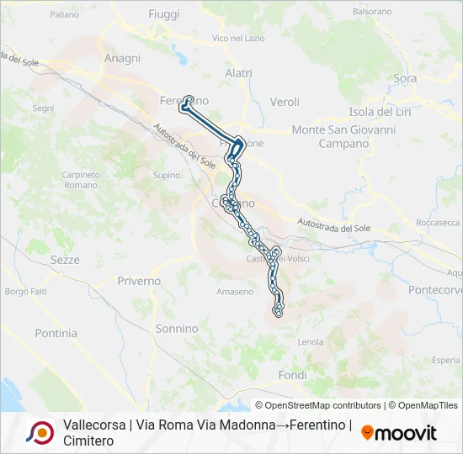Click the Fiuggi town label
(163, 14)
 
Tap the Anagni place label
(122, 58)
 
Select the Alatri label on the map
(238, 74)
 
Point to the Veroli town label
(285, 103)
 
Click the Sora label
(405, 79)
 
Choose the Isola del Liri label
(384, 113)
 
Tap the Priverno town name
(139, 281)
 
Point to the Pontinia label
(56, 333)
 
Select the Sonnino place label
(177, 329)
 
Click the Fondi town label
(292, 376)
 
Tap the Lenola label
(311, 342)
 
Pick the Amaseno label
(234, 292)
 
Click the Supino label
(167, 175)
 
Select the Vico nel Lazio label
(239, 39)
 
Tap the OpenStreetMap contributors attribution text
(318, 405)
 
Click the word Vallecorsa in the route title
(94, 425)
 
